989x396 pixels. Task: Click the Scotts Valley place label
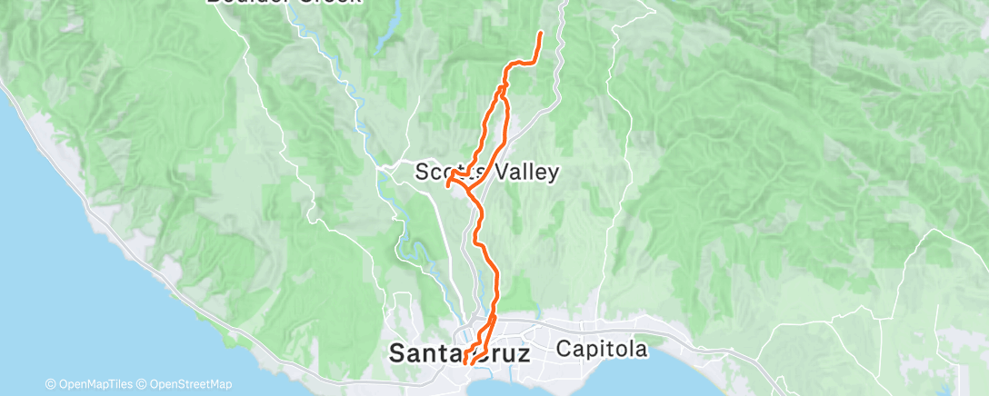(486, 172)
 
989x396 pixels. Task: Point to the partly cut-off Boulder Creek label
(283, 2)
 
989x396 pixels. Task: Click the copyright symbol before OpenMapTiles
(50, 384)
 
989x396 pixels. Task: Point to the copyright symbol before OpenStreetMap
(144, 384)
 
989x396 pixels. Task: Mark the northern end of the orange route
(541, 34)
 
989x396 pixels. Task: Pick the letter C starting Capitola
(564, 349)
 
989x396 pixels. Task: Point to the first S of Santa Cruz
(397, 353)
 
